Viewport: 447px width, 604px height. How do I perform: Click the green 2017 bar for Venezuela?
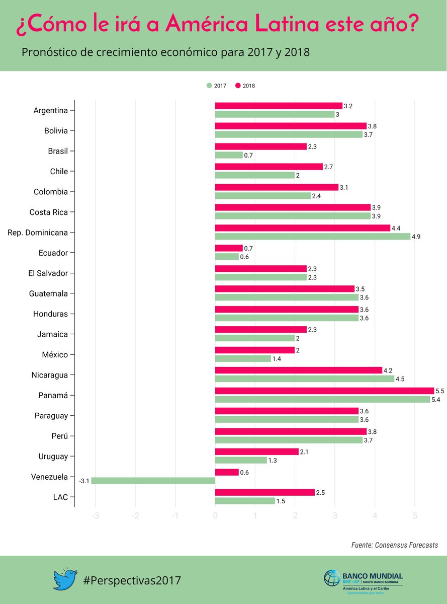[153, 481]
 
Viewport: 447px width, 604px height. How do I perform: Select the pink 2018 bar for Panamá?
[324, 391]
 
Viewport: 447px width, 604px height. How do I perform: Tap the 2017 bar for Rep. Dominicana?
[312, 236]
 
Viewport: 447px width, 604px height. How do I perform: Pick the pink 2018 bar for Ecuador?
[229, 248]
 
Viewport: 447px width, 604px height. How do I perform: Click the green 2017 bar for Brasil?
[229, 155]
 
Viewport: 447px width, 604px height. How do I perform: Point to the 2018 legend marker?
[238, 86]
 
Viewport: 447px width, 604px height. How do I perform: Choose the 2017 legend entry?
[216, 86]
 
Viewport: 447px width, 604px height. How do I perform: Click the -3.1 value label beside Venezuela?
[84, 481]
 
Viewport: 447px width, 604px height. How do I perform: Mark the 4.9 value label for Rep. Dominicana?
[416, 237]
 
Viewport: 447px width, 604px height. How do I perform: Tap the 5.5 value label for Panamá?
[439, 391]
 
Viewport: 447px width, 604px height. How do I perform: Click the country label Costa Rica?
[48, 212]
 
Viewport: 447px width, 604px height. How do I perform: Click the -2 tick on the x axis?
[135, 515]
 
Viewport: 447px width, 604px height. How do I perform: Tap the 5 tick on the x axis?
[415, 515]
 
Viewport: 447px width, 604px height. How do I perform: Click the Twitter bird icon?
[65, 579]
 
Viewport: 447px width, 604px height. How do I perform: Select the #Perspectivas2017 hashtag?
[132, 580]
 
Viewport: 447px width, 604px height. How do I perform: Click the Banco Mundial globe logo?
[332, 578]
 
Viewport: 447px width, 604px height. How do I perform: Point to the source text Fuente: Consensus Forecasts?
[394, 545]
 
